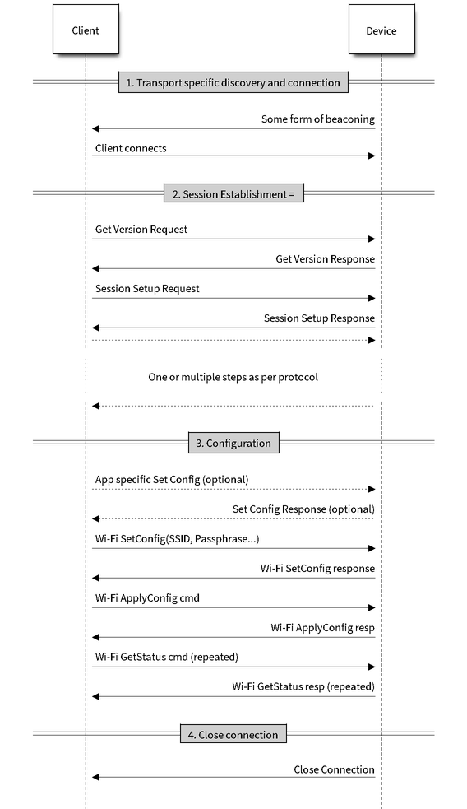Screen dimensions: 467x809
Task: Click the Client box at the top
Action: [x=86, y=30]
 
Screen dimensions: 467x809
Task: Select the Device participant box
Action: [x=381, y=30]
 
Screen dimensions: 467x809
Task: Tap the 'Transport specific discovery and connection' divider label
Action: [x=233, y=82]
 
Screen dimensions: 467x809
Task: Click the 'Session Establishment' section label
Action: [x=233, y=194]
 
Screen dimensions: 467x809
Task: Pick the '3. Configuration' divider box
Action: [x=233, y=444]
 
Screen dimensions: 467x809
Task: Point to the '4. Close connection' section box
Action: [x=233, y=735]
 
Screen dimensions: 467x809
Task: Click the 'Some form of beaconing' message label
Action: [x=318, y=119]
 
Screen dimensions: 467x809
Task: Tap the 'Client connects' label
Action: [x=131, y=149]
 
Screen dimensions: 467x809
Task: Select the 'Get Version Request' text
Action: [x=141, y=230]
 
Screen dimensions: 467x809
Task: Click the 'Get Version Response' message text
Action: [x=326, y=259]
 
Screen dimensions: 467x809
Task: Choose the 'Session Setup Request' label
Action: [x=147, y=289]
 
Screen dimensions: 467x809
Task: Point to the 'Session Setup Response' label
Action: [x=320, y=318]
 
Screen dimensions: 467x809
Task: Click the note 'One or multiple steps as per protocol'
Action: [x=233, y=377]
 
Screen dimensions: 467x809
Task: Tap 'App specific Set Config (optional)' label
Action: [x=172, y=480]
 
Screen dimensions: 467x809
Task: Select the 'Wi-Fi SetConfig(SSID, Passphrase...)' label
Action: [x=178, y=539]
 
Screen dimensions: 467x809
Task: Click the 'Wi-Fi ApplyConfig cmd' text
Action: [x=147, y=598]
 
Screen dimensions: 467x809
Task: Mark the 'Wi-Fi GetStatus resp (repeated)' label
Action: [x=303, y=686]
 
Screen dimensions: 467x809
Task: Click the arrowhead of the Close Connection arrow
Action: [x=95, y=778]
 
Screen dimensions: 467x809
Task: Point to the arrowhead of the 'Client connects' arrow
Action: [x=372, y=156]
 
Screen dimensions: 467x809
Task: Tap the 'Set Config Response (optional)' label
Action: [x=303, y=509]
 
